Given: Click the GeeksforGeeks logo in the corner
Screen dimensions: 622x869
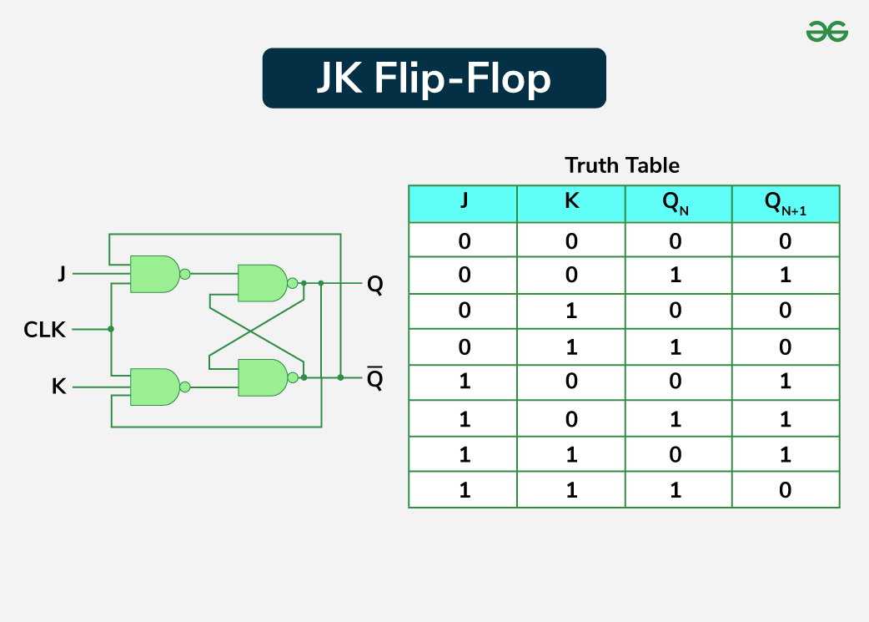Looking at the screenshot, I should click(826, 33).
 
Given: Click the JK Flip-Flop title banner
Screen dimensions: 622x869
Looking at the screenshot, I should click(434, 78).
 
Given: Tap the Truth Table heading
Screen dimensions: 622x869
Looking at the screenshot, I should click(622, 165).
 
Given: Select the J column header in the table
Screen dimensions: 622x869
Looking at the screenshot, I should click(463, 204).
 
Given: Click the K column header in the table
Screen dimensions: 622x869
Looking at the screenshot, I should click(571, 204).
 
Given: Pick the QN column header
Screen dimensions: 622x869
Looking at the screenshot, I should click(678, 204).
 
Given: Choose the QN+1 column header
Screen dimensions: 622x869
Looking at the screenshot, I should click(786, 204).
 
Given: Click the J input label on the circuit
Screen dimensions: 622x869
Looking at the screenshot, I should click(62, 273).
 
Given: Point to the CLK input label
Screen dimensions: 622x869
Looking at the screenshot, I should click(45, 330).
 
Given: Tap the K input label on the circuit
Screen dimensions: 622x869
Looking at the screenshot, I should click(59, 387).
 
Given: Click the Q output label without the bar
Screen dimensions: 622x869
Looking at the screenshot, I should click(375, 285).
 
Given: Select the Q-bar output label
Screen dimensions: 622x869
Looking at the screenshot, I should click(375, 381).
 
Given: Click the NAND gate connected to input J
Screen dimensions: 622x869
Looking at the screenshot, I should click(155, 274).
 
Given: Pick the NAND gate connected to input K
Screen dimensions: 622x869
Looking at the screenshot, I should click(155, 387).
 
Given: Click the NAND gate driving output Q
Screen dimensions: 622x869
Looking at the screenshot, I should click(263, 284).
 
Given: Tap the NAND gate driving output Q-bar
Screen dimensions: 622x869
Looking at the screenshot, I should click(263, 377).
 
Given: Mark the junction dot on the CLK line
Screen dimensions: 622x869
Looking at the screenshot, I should click(111, 329).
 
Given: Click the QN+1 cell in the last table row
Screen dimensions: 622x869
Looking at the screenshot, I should click(786, 490).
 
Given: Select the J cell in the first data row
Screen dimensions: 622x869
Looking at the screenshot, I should click(463, 241).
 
